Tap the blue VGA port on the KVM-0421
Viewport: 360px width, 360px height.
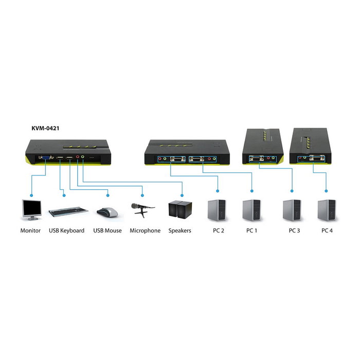(46, 158)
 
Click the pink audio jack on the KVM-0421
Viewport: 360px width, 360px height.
(78, 158)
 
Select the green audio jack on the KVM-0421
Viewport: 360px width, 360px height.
(83, 158)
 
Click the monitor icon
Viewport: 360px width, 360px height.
(31, 210)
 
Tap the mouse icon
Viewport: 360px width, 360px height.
(107, 212)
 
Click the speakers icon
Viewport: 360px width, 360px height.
(180, 209)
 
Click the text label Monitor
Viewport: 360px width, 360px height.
(30, 230)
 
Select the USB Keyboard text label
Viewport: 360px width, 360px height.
(67, 230)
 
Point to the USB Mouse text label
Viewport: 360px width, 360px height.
(107, 230)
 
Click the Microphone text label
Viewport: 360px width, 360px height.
(145, 230)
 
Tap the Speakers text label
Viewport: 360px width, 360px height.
(180, 230)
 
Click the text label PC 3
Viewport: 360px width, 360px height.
(294, 230)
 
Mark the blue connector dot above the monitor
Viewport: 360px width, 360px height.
(31, 195)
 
